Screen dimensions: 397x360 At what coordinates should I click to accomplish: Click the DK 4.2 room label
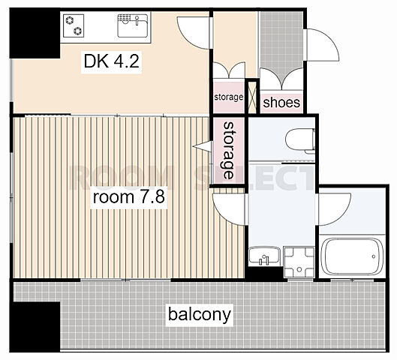click(x=111, y=61)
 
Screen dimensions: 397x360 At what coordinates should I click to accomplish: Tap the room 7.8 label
click(x=129, y=196)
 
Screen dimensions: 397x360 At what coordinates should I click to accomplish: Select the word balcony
click(x=200, y=315)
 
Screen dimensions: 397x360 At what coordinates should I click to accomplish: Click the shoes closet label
click(x=281, y=103)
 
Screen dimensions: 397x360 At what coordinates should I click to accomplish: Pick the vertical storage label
click(x=228, y=151)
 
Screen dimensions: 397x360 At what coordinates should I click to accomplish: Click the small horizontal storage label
click(x=229, y=97)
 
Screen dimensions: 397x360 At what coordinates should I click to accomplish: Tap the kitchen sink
click(x=133, y=25)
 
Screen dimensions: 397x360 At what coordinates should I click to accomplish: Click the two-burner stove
click(x=74, y=25)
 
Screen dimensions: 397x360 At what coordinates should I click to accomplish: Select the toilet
click(x=300, y=140)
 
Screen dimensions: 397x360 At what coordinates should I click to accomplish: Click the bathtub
click(x=352, y=256)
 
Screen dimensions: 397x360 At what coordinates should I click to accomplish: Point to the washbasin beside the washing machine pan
click(x=264, y=256)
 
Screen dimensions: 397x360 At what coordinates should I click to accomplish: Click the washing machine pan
click(x=299, y=262)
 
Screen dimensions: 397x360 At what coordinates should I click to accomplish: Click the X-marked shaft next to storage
click(x=252, y=97)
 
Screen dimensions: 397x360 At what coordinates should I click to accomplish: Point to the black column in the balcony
click(x=35, y=326)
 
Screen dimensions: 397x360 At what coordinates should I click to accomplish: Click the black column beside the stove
click(x=35, y=33)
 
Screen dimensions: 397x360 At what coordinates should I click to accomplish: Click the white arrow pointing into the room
click(x=203, y=146)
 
